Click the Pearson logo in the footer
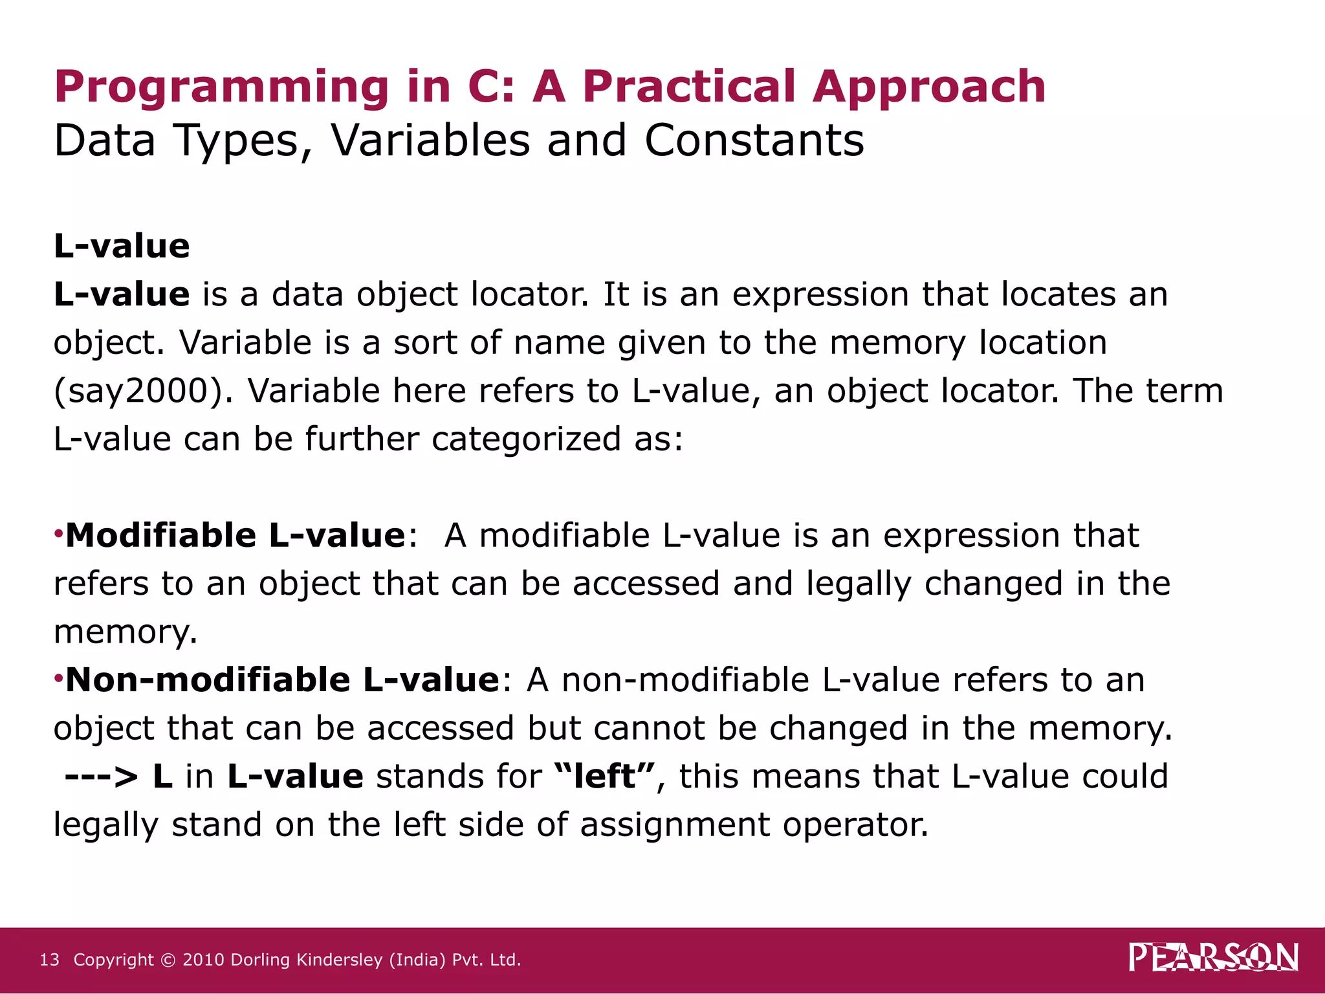click(1213, 958)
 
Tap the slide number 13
click(49, 960)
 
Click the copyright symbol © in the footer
click(168, 960)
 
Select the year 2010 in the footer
click(204, 960)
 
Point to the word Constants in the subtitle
click(754, 140)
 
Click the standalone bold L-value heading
click(122, 246)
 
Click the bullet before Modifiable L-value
click(58, 535)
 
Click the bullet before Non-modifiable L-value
click(58, 679)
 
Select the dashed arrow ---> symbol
click(102, 777)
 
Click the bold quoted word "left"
click(604, 775)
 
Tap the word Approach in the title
click(928, 87)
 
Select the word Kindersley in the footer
click(338, 960)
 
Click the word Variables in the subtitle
click(430, 140)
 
